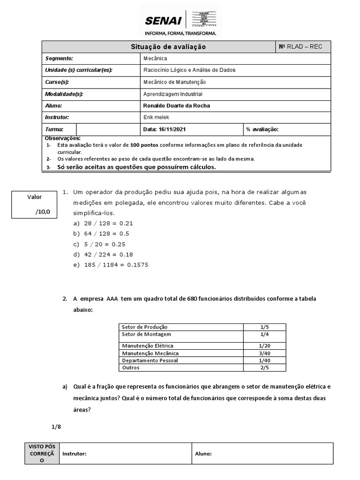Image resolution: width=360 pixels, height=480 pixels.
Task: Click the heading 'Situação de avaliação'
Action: click(167, 47)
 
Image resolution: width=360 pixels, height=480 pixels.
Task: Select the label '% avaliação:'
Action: click(262, 129)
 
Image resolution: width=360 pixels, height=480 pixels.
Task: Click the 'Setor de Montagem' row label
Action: click(146, 334)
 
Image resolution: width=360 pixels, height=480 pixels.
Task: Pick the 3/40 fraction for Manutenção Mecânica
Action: click(264, 353)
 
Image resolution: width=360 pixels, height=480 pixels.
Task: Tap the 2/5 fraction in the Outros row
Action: click(264, 368)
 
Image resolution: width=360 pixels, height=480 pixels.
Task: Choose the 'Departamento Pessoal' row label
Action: click(150, 360)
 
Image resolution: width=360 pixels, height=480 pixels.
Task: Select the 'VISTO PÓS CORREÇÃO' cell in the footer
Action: click(42, 453)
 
